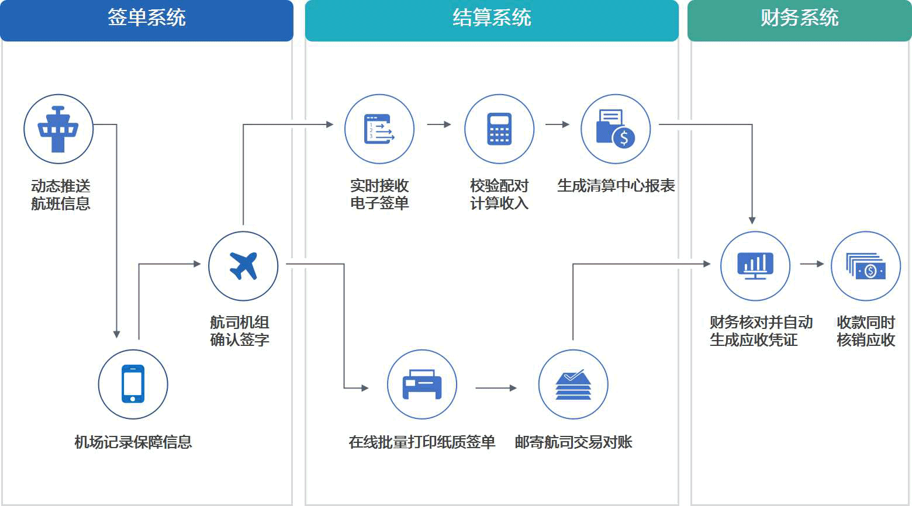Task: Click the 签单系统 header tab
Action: [x=146, y=20]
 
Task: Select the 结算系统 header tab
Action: [x=491, y=20]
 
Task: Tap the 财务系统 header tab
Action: [x=799, y=20]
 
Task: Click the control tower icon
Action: [x=58, y=129]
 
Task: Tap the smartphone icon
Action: [x=133, y=384]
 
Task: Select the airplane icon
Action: [x=243, y=266]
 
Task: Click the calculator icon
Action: [x=499, y=129]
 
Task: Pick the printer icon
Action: [x=422, y=384]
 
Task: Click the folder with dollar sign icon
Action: [x=615, y=129]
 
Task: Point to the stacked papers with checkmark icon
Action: [x=573, y=384]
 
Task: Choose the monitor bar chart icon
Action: [x=755, y=266]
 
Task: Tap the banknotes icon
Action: [x=865, y=266]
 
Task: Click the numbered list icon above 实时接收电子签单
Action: [x=379, y=129]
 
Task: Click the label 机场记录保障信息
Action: [x=133, y=442]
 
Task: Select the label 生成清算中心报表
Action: [x=616, y=186]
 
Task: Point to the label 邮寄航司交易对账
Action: [x=574, y=442]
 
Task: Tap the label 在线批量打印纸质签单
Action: [x=422, y=442]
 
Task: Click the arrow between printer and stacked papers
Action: [x=496, y=387]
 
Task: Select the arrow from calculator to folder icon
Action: [x=557, y=124]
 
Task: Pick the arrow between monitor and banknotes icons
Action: [x=811, y=264]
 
